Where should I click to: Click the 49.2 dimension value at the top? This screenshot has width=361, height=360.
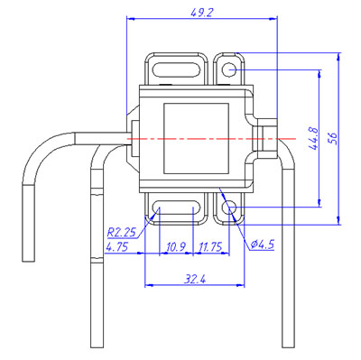202,13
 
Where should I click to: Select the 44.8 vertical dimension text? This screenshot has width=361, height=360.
313,138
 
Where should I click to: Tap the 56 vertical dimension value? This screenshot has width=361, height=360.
333,138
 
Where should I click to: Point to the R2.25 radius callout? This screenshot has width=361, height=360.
122,232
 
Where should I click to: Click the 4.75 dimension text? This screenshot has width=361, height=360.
117,247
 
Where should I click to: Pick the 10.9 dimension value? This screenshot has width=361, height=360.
176,247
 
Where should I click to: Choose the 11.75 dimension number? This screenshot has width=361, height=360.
210,247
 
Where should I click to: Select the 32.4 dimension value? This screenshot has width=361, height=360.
195,280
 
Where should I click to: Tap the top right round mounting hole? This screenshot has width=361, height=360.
229,69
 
